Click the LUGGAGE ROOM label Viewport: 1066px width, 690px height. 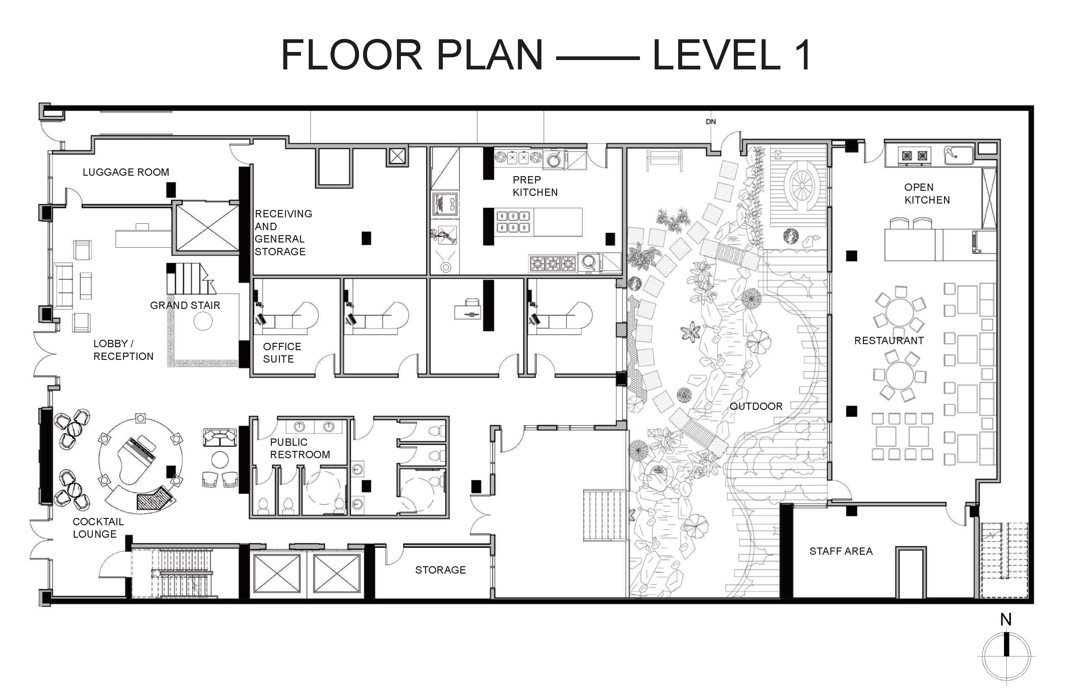[126, 172]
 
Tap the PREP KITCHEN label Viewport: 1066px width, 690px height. [535, 186]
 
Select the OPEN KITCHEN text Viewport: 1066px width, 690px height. [927, 194]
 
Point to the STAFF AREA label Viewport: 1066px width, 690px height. [841, 551]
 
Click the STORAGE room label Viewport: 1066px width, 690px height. [440, 570]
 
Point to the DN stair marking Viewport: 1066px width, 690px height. [711, 121]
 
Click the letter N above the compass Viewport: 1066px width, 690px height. [1006, 620]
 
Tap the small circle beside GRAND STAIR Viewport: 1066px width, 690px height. [203, 321]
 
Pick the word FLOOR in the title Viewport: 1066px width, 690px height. [352, 55]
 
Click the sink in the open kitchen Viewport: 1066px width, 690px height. [958, 155]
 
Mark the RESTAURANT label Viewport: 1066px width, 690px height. [889, 340]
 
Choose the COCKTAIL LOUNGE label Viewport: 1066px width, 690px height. [98, 528]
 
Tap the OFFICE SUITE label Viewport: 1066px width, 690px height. [282, 353]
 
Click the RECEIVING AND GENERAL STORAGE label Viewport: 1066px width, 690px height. [283, 232]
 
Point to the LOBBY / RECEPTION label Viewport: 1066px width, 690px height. [123, 350]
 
